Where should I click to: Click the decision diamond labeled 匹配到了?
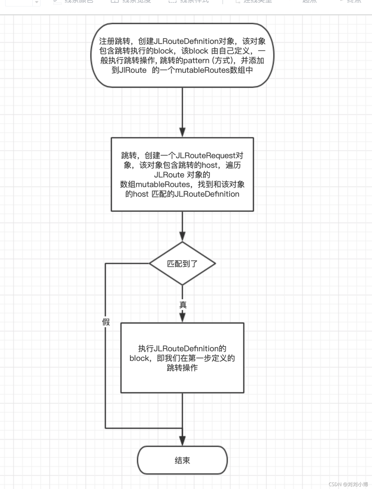click(x=182, y=263)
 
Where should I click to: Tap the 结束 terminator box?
click(x=182, y=460)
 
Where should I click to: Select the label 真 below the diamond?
click(x=183, y=305)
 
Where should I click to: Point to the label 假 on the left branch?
click(x=106, y=322)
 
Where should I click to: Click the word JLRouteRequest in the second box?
click(x=206, y=155)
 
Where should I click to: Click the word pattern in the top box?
click(x=196, y=60)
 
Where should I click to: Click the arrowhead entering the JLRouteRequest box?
click(x=182, y=132)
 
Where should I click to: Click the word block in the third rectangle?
click(x=139, y=358)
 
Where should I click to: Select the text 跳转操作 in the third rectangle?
click(x=182, y=368)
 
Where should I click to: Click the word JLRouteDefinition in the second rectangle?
click(x=207, y=194)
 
